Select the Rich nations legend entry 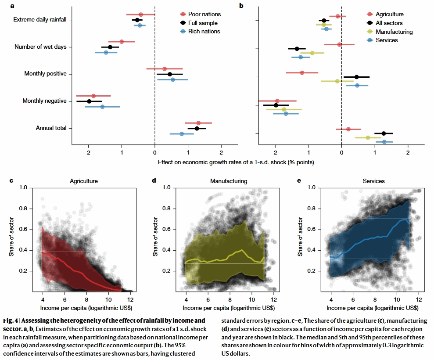(x=204, y=31)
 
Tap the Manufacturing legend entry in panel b (x=394, y=32)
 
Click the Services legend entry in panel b (x=386, y=40)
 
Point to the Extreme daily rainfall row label (x=40, y=20)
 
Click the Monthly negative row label (x=44, y=101)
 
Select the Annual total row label (x=51, y=128)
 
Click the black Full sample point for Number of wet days (x=110, y=47)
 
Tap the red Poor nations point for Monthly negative (x=93, y=96)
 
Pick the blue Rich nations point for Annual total (x=182, y=134)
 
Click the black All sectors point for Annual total (x=384, y=133)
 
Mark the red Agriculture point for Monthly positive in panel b (x=302, y=72)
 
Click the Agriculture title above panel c (x=83, y=181)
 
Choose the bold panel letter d (x=154, y=180)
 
